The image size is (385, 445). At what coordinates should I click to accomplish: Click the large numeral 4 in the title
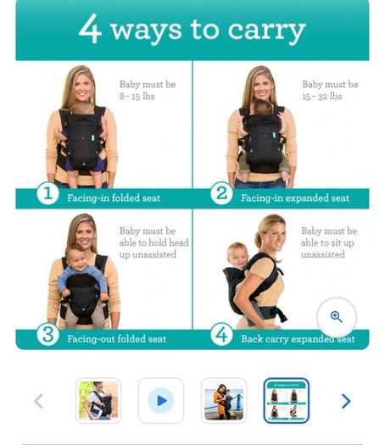pos(90,29)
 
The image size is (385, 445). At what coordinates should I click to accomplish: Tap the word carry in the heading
pos(266,31)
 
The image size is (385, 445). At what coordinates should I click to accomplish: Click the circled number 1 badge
pos(47,193)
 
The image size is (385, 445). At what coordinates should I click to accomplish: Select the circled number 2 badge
pos(221,193)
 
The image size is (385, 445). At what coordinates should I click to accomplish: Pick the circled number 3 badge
pos(47,334)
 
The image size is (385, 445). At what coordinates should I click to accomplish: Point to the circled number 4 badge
pos(221,334)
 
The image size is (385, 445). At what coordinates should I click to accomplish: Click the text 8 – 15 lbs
pos(137,97)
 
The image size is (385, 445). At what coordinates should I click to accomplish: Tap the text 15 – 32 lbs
pos(322,97)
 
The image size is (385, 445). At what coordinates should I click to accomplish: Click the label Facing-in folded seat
pos(114,197)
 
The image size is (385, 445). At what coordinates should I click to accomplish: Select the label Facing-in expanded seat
pos(295,197)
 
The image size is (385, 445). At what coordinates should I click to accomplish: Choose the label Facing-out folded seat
pos(117,338)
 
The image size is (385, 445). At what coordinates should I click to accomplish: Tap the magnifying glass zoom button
pos(337,317)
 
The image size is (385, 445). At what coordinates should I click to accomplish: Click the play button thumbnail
pos(161,401)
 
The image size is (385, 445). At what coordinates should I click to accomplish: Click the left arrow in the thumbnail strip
pos(39,401)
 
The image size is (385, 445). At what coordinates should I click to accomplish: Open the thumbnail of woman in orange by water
pos(224,401)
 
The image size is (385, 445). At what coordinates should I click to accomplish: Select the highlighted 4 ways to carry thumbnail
pos(287,401)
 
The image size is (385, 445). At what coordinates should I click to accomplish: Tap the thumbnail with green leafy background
pos(98,401)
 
